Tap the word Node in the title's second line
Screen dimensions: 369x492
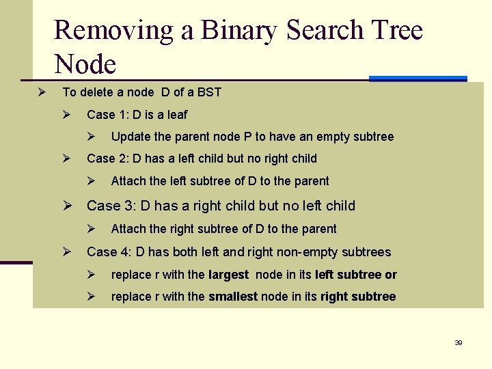pos(85,64)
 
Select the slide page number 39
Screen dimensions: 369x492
pos(459,342)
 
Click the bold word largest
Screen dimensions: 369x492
pos(228,275)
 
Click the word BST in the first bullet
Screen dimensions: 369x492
pos(210,92)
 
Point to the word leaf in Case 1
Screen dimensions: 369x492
pos(176,115)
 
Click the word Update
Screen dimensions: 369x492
pos(130,137)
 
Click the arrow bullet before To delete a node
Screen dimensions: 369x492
pos(41,92)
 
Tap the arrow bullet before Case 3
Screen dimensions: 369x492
pos(68,206)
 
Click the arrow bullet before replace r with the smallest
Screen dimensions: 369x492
pos(91,297)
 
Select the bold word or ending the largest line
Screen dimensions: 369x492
pos(391,275)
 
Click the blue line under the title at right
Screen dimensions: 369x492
pos(418,79)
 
